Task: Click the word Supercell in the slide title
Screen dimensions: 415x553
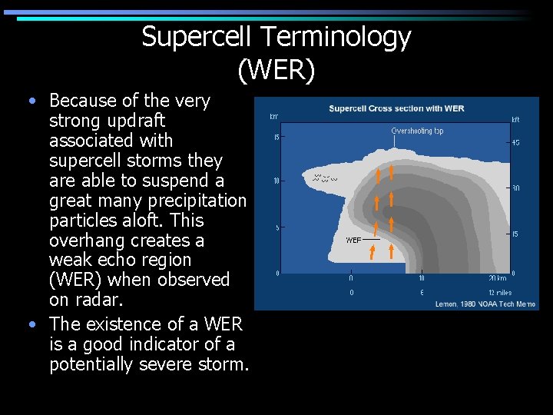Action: [197, 36]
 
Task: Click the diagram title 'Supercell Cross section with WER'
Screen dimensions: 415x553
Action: [396, 108]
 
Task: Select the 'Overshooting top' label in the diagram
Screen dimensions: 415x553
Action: [417, 131]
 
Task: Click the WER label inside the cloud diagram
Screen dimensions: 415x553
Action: [353, 241]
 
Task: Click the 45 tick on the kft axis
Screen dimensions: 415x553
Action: [515, 142]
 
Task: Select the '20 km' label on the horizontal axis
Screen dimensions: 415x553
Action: [497, 278]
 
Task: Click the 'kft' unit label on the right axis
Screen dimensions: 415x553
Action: [515, 119]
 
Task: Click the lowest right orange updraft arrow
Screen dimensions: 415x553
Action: [392, 251]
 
